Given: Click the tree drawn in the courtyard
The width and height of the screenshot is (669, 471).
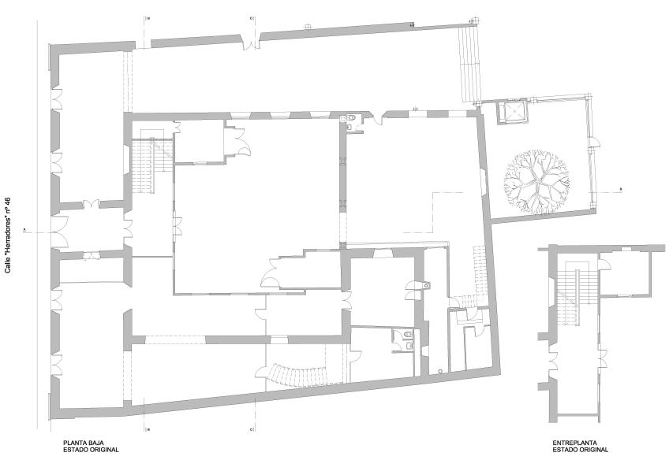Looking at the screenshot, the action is click(536, 181).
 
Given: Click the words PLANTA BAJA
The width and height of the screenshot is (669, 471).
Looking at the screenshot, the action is click(84, 443).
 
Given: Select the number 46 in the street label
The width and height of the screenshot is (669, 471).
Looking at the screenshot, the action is click(7, 202).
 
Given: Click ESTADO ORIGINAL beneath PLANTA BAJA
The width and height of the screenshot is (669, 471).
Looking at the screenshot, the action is click(91, 450).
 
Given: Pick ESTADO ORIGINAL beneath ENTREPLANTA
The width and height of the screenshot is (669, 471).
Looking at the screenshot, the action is click(581, 450).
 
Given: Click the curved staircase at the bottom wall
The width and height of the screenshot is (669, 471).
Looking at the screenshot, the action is click(299, 375).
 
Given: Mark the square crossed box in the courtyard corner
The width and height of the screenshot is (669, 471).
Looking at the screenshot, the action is click(512, 112).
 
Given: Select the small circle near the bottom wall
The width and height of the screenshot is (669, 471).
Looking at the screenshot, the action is click(440, 372).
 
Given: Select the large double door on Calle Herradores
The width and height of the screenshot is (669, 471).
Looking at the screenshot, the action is click(60, 232).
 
